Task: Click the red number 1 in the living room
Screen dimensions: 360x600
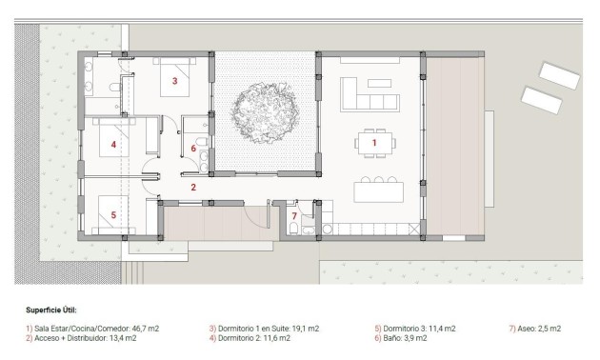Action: [x=374, y=143]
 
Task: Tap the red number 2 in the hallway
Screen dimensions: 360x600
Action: [x=192, y=188]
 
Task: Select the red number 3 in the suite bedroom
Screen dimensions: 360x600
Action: [x=174, y=82]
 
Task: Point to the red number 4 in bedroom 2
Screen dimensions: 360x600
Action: [x=112, y=146]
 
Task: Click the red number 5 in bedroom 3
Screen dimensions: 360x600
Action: [x=112, y=215]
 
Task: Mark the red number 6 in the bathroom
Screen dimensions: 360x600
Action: [x=193, y=149]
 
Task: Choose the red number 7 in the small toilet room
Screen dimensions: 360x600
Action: [x=294, y=217]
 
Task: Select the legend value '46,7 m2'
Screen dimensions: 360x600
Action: [x=142, y=328]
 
